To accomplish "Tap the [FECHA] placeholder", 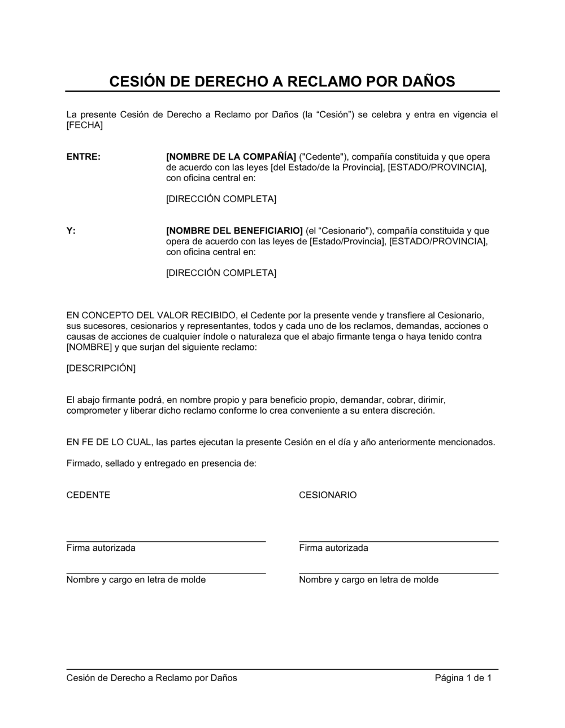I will point(85,125).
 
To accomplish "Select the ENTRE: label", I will point(84,157).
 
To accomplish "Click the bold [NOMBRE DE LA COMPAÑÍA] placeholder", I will point(231,157).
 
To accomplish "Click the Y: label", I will point(71,231).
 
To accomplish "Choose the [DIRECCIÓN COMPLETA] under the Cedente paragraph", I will point(221,199).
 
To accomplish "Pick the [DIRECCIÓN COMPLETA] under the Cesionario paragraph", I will point(221,273).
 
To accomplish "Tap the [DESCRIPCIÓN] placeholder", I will point(101,369).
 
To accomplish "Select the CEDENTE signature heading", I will point(88,495).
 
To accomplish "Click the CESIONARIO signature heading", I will point(328,495).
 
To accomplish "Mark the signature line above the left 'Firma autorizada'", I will point(166,541).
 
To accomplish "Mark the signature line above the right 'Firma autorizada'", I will point(398,541).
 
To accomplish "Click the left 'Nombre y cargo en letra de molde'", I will point(136,580).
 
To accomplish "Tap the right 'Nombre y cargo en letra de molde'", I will point(368,580).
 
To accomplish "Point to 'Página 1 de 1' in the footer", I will point(463,678).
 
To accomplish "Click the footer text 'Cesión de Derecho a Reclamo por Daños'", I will point(151,678).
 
